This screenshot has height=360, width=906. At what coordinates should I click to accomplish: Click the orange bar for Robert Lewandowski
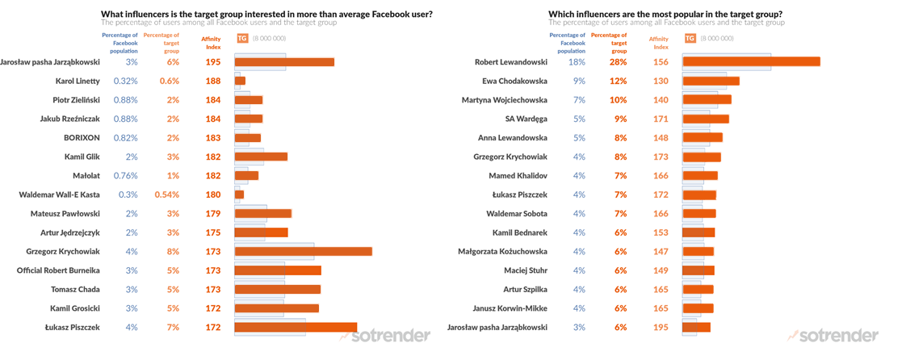tap(751, 61)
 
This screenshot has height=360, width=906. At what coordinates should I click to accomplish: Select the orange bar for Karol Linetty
tap(240, 81)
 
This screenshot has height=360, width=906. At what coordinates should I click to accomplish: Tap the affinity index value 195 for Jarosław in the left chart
tap(213, 62)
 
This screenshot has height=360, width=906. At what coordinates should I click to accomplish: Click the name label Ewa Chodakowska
tap(514, 81)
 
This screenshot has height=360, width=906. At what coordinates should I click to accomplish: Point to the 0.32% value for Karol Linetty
tap(125, 81)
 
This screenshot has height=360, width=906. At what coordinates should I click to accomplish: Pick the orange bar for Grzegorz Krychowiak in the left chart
tap(303, 251)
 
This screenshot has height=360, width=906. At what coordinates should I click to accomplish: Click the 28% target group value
tap(619, 62)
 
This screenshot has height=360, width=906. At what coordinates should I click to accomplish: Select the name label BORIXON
tap(82, 137)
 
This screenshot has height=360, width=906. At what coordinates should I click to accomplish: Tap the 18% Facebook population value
tap(577, 62)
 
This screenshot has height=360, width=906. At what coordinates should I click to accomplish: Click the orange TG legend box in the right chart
tap(690, 38)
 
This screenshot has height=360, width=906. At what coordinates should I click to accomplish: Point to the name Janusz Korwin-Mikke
tap(514, 308)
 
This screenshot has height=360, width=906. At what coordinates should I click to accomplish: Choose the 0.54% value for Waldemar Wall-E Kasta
tap(167, 195)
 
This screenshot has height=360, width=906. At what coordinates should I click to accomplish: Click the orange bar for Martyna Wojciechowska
tap(707, 99)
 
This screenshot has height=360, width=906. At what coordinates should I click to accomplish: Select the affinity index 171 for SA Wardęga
tap(661, 119)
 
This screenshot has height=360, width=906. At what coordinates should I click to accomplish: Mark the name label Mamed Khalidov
tap(518, 175)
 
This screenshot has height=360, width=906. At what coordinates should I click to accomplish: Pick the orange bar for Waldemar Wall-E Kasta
tap(239, 195)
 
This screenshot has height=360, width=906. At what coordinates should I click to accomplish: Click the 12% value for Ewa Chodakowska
tap(619, 81)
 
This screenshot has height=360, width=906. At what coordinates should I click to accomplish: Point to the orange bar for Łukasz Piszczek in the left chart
tap(296, 327)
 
